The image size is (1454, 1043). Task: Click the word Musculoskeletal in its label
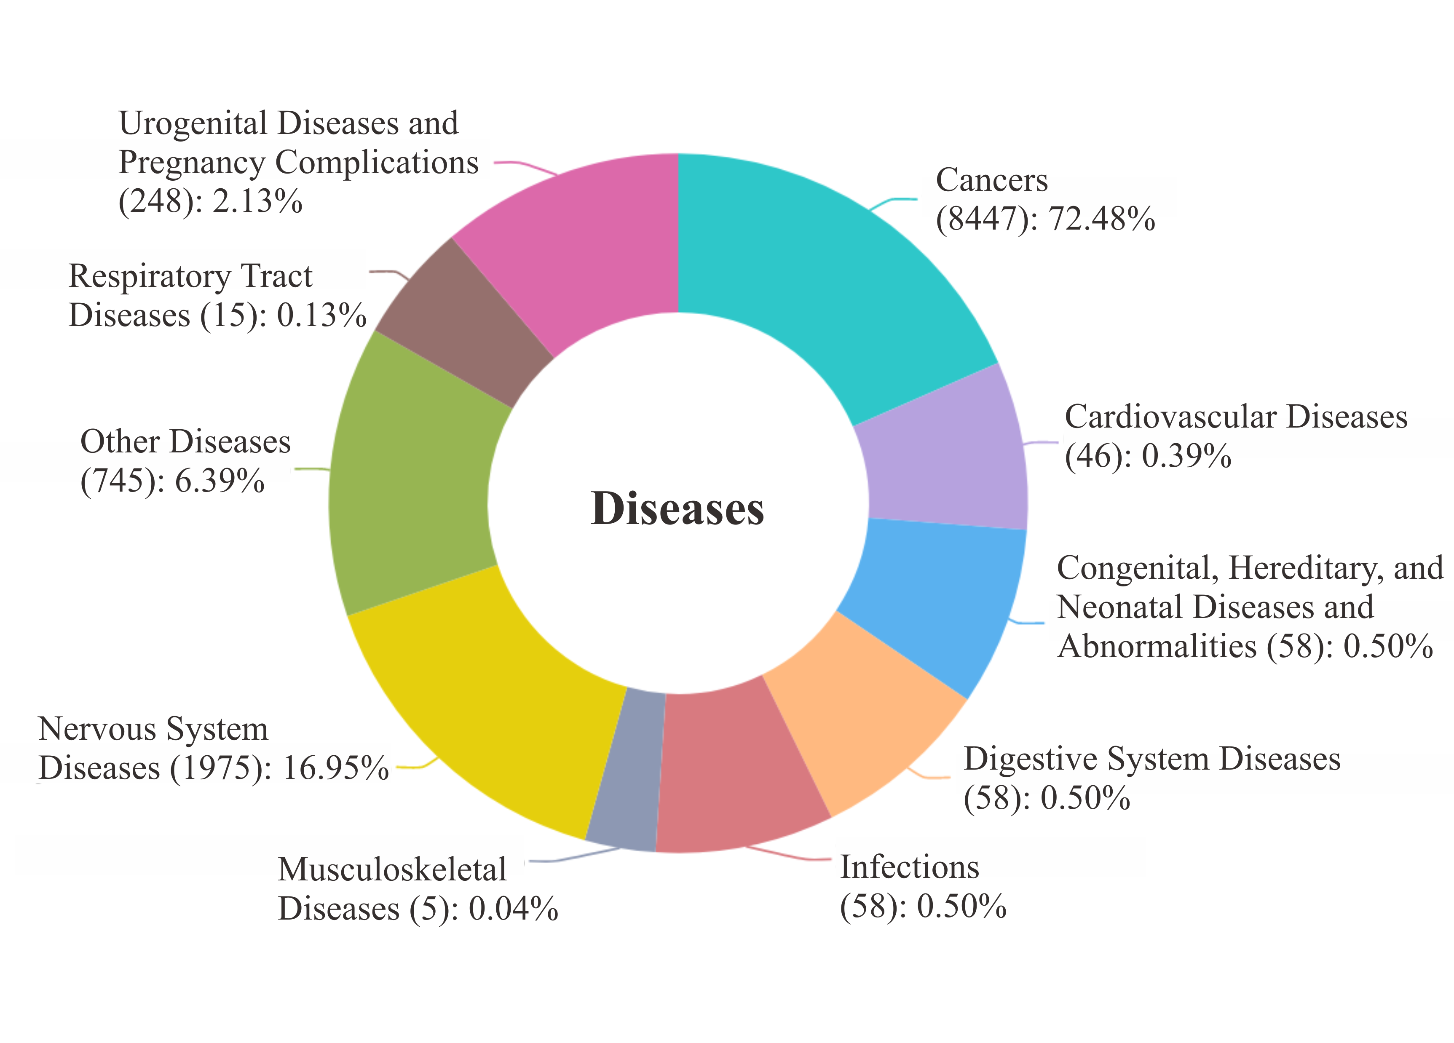(x=392, y=870)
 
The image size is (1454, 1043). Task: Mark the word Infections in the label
(x=909, y=867)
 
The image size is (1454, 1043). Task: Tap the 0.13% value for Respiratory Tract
(x=321, y=316)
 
